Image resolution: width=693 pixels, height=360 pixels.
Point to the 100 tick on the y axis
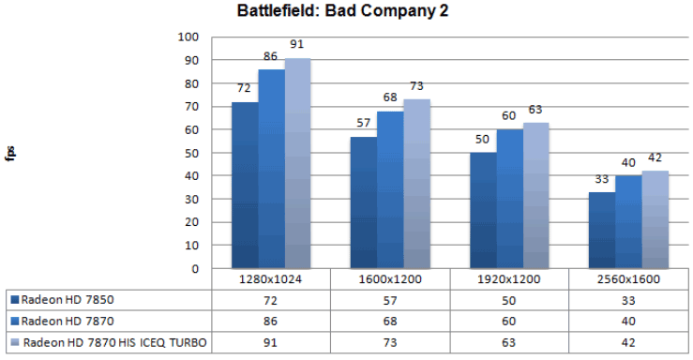tap(188, 37)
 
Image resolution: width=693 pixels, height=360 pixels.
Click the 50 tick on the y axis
tap(191, 153)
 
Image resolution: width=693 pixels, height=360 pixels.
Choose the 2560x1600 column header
tap(627, 280)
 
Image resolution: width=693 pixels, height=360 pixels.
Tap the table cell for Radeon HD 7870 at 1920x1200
tap(509, 322)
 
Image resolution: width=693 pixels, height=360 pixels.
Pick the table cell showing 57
tap(390, 300)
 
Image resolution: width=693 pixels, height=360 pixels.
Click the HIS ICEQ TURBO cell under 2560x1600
tap(627, 342)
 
